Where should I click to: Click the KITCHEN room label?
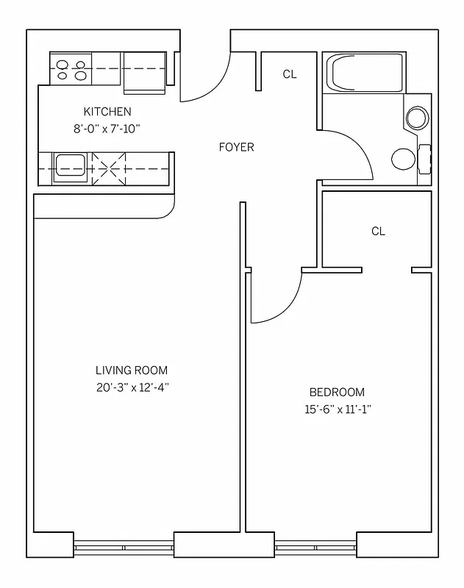(107, 112)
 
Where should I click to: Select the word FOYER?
(236, 147)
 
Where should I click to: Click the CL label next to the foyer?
(290, 74)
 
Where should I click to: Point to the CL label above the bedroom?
(378, 231)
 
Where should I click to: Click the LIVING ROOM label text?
(132, 370)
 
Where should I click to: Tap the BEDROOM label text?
(336, 392)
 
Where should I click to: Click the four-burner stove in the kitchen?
(71, 69)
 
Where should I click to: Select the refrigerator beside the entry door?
(144, 72)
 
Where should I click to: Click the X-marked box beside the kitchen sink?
(107, 168)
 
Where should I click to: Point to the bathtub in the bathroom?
(365, 73)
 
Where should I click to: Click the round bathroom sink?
(417, 118)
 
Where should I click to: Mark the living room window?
(124, 547)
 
